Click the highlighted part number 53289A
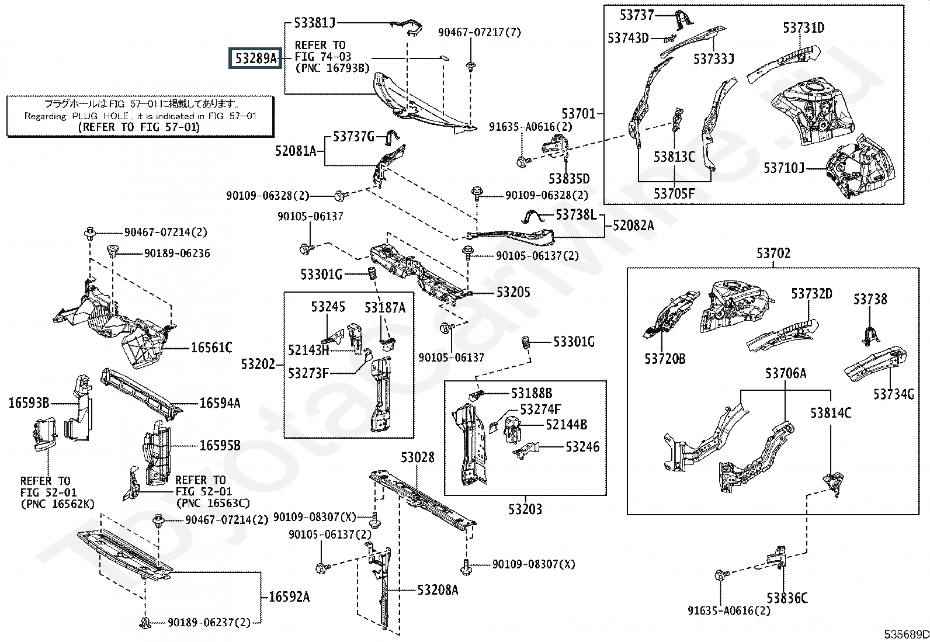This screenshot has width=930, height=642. [255, 58]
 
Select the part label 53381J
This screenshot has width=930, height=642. [315, 23]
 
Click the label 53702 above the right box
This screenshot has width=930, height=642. [773, 254]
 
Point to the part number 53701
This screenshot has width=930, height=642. [578, 113]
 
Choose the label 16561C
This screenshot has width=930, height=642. [211, 348]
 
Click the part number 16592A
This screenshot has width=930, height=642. [289, 596]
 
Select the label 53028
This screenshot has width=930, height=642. [418, 457]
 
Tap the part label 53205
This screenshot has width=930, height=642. [513, 292]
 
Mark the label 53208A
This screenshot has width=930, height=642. [438, 590]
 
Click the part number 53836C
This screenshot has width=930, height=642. [787, 598]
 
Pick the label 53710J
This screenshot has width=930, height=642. [784, 168]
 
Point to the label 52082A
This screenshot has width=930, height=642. [633, 225]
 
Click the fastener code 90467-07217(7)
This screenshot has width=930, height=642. [479, 33]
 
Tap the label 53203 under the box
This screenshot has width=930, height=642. [525, 509]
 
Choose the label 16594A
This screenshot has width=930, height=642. [220, 403]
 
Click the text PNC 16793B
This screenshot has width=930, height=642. [332, 68]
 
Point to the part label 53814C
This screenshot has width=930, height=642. [831, 413]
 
